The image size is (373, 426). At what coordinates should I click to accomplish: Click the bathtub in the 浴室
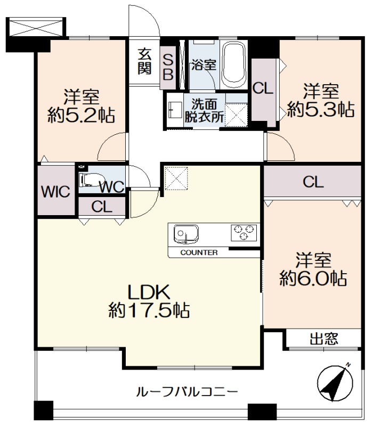coord(234,64)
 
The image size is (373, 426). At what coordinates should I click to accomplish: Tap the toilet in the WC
coord(91,180)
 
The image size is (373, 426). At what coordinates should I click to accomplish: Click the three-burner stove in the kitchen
coord(244,232)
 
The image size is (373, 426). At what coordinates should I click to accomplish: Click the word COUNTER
coord(199,252)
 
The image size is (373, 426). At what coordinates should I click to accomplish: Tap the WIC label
coord(55,192)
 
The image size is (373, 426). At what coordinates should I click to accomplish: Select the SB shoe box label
coord(168,67)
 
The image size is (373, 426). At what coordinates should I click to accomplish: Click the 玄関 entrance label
coord(144,62)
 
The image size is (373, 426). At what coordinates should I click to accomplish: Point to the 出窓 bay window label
coord(324,339)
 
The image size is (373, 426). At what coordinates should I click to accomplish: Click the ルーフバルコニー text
coord(187,391)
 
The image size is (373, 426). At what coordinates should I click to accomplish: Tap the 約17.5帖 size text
coord(149,310)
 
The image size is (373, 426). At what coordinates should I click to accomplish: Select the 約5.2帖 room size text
coord(81,115)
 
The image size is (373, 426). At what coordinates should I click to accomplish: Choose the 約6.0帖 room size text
coord(313,278)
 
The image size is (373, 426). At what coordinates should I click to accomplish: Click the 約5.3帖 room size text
coord(321,109)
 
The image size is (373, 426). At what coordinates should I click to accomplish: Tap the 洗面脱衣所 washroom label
coord(205,110)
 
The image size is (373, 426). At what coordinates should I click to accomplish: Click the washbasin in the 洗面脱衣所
coord(175,110)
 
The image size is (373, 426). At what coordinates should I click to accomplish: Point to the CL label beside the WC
coord(102,207)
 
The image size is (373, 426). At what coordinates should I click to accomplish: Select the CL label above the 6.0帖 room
coord(313,182)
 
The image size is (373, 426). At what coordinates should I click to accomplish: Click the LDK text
coord(149,292)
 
